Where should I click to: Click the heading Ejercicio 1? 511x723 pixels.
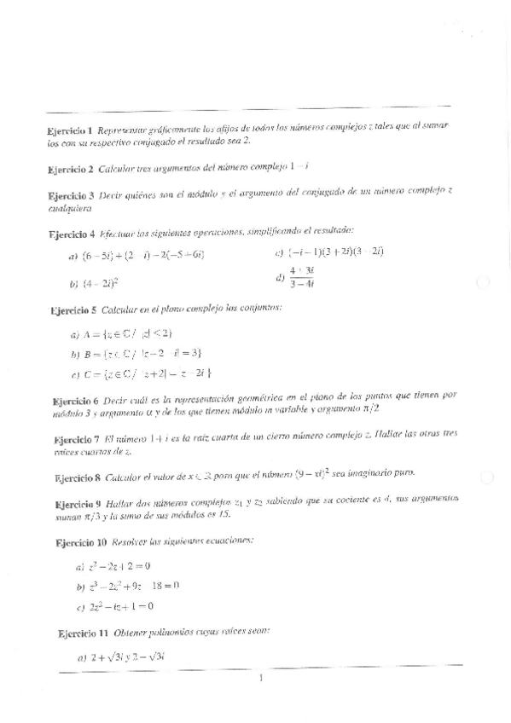coord(71,131)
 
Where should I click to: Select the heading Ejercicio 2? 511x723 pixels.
coord(71,171)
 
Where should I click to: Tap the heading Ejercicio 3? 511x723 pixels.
coord(71,196)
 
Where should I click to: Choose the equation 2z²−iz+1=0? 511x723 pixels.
coord(122,607)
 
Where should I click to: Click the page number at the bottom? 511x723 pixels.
coord(259,679)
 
